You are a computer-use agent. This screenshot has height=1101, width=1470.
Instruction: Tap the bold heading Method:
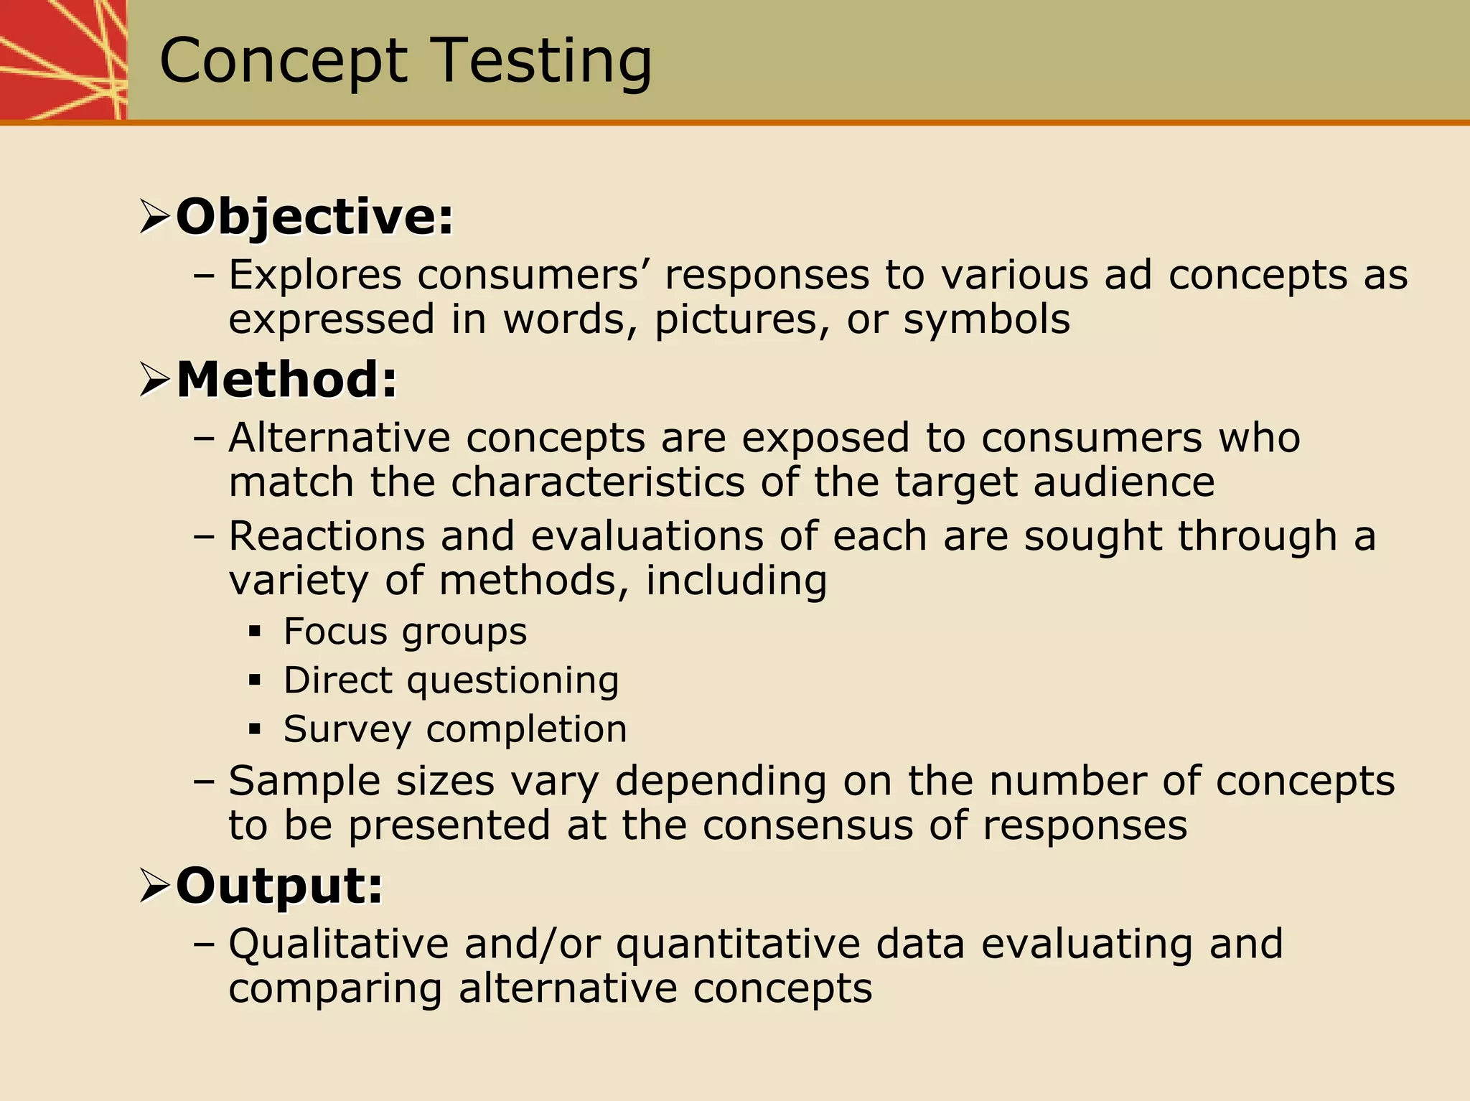pyautogui.click(x=286, y=379)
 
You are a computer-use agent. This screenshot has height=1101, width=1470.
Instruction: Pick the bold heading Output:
pyautogui.click(x=279, y=886)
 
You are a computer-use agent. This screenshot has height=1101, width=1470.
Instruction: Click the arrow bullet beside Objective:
pyautogui.click(x=154, y=217)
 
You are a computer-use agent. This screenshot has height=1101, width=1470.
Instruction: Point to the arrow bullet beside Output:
pyautogui.click(x=154, y=887)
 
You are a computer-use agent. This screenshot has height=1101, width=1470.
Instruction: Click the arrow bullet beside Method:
pyautogui.click(x=154, y=380)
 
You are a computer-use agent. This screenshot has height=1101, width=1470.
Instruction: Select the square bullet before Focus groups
pyautogui.click(x=255, y=632)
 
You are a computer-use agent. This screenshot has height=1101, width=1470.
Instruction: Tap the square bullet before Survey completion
pyautogui.click(x=255, y=730)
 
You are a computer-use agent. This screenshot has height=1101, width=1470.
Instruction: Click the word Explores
pyautogui.click(x=315, y=275)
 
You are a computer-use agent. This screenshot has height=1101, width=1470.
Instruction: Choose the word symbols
pyautogui.click(x=986, y=319)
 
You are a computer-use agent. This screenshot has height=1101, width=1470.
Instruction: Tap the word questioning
pyautogui.click(x=512, y=680)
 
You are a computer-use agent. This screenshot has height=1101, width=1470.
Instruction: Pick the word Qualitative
pyautogui.click(x=338, y=944)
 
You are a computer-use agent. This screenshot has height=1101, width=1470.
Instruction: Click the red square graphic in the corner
pyautogui.click(x=62, y=60)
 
